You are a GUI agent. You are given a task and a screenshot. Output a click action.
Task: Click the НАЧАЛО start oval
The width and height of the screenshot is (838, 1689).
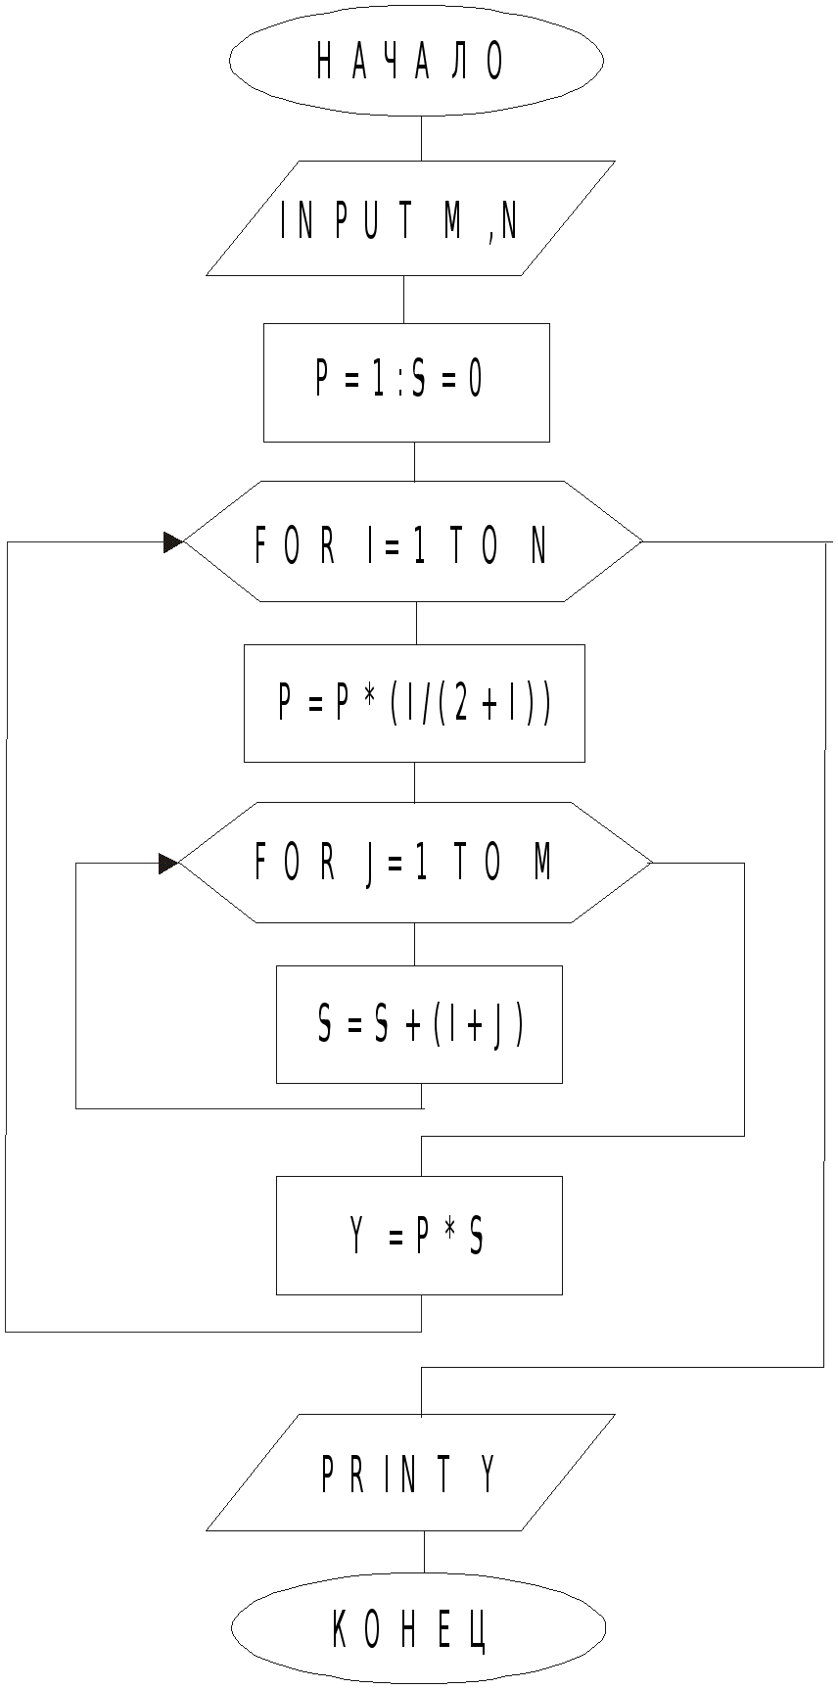[x=416, y=61]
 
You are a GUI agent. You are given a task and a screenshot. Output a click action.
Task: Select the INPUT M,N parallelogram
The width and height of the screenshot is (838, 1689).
[x=410, y=218]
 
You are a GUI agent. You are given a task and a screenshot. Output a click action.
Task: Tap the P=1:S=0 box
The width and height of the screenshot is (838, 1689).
[x=406, y=382]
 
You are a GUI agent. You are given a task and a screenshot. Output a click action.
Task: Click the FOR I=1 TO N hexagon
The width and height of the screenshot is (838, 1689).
[x=412, y=541]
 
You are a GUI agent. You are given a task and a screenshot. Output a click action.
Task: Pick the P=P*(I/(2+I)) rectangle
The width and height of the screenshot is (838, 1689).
[x=414, y=703]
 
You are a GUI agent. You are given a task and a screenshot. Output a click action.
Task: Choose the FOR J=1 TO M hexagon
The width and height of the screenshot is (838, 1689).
[x=414, y=863]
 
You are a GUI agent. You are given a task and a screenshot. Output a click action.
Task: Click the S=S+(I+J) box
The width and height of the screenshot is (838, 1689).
[x=419, y=1024]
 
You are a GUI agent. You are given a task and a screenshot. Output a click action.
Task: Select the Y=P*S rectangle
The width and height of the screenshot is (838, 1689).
[x=419, y=1236]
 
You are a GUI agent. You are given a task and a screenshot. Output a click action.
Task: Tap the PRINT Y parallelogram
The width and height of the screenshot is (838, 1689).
[x=410, y=1473]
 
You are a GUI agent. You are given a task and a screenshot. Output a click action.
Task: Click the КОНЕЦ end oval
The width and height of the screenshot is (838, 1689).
[x=418, y=1627]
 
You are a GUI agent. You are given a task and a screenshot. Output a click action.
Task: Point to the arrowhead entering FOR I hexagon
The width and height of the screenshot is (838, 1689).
[x=173, y=542]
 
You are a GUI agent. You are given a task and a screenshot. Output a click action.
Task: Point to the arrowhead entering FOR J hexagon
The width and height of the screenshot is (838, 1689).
[x=168, y=864]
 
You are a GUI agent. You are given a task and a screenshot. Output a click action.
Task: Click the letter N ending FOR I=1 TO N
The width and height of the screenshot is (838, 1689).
[x=538, y=546]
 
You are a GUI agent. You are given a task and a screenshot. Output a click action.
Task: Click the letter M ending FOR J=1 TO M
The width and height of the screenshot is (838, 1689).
[x=542, y=863]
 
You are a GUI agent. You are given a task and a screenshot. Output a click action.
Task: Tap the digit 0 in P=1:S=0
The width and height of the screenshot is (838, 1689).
[x=475, y=380]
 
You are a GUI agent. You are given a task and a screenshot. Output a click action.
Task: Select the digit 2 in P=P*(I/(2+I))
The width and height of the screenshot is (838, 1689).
[x=460, y=703]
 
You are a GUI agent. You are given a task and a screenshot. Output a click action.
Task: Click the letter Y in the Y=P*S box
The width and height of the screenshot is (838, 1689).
[x=357, y=1237]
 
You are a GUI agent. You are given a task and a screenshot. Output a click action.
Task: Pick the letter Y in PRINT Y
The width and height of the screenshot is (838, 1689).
[x=489, y=1474]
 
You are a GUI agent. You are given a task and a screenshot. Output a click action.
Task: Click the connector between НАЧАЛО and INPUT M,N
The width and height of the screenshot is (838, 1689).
[x=421, y=138]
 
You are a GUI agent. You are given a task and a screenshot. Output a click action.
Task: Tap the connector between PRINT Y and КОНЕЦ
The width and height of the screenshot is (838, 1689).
[x=424, y=1552]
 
